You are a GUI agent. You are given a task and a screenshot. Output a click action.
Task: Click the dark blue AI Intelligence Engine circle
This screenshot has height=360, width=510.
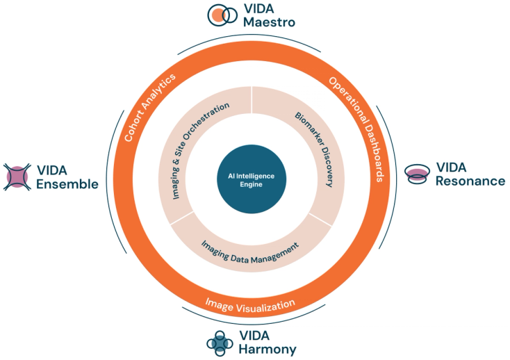click(x=252, y=179)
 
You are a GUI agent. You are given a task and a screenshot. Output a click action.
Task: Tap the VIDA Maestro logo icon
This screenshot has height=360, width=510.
click(x=222, y=15)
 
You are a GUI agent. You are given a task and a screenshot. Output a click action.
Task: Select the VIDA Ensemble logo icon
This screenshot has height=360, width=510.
click(x=17, y=177)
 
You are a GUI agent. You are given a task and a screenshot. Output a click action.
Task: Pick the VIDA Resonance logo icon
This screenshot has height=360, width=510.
click(x=417, y=174)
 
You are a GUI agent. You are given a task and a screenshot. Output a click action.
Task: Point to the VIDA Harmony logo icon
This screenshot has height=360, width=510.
click(x=220, y=343)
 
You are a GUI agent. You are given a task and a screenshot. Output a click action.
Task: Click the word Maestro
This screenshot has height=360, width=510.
click(x=270, y=22)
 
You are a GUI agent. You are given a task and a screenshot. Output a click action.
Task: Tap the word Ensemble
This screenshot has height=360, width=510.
click(x=67, y=184)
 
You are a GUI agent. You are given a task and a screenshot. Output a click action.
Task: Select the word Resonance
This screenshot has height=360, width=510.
click(x=470, y=181)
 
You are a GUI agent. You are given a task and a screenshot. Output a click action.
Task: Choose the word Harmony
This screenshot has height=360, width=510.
click(x=268, y=349)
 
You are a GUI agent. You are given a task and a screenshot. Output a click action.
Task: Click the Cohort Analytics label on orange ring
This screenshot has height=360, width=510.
click(x=150, y=107)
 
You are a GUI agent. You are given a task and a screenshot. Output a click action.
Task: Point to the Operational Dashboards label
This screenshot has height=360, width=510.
click(x=357, y=129)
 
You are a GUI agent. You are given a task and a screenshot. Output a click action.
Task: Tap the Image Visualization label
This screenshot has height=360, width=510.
click(x=250, y=305)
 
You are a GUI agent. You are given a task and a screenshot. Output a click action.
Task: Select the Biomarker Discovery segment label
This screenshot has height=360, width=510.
click(x=314, y=149)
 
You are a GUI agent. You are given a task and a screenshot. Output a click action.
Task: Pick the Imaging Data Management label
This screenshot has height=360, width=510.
click(x=250, y=252)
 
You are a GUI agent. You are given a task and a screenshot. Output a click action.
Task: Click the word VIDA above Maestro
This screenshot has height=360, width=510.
click(x=259, y=9)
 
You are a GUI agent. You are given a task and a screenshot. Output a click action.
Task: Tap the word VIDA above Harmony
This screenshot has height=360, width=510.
click(x=254, y=336)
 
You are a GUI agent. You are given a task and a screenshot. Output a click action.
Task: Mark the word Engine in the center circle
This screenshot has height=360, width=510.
click(x=251, y=184)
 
